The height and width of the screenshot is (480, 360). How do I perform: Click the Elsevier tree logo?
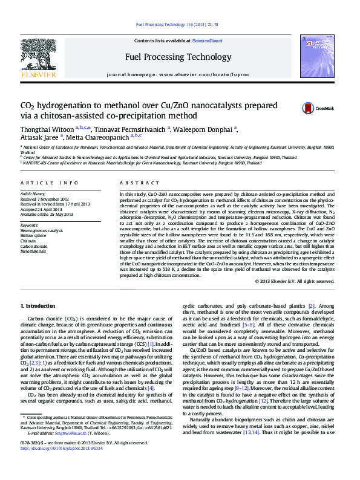click(39, 59)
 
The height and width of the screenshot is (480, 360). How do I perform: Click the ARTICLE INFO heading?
click(49, 182)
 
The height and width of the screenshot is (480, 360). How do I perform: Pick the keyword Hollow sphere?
click(34, 235)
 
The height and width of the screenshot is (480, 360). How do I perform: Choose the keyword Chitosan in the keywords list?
click(29, 241)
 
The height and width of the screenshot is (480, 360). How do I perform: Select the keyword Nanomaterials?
click(33, 251)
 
